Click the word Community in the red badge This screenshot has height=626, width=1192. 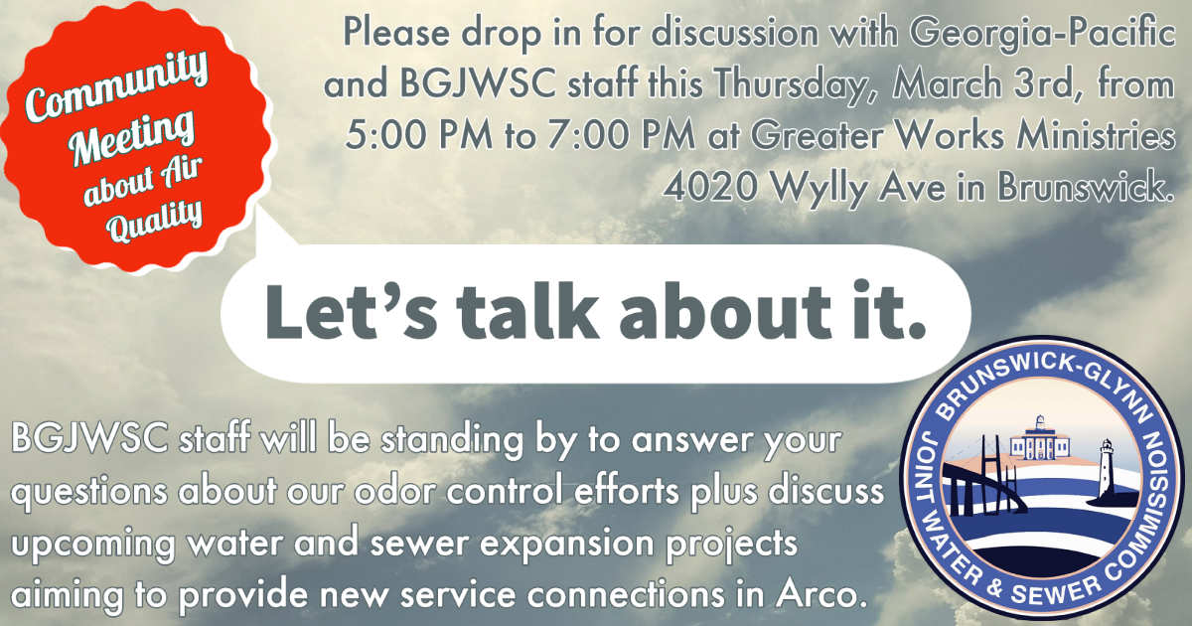pos(116,84)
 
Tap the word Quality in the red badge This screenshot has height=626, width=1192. pos(154,221)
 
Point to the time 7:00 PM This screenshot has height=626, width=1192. pos(621,136)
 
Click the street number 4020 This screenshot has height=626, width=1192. pos(710,187)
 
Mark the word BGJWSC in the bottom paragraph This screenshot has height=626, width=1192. pos(89,438)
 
